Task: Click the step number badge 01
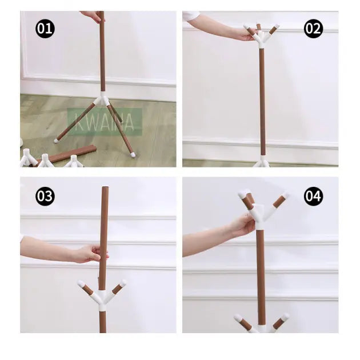45,29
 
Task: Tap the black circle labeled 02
313,29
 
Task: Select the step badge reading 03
45,197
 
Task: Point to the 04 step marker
313,197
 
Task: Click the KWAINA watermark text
105,122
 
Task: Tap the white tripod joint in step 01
103,99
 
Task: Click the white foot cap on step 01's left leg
57,140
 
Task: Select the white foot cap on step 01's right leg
133,154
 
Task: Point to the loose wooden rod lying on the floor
72,154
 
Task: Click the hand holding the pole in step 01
92,16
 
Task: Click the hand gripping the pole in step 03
91,253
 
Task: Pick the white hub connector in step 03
102,298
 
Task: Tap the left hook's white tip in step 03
81,283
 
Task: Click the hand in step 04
242,225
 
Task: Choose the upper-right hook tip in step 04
284,195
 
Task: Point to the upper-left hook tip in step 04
243,194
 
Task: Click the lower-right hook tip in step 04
284,317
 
